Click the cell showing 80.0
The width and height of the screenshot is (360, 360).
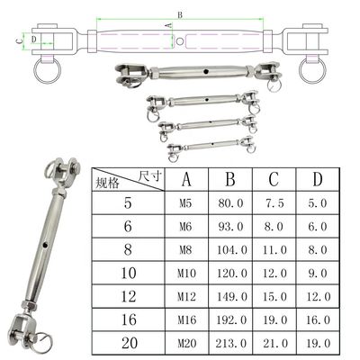point(230,203)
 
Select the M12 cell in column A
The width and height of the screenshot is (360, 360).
point(186,296)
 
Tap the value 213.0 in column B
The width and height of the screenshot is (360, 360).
point(231,343)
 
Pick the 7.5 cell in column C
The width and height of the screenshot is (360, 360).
point(274,203)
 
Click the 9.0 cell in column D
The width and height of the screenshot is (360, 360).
point(318,273)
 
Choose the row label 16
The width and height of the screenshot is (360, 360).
point(129,319)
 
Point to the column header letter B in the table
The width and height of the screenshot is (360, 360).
point(230,179)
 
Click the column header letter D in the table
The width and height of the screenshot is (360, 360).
point(318,179)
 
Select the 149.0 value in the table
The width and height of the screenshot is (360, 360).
point(231,296)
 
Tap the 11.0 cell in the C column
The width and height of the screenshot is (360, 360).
point(274,250)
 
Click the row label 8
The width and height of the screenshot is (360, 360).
point(128,249)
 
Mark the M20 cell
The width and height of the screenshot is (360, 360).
point(186,343)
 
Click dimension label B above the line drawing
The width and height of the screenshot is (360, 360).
point(180,14)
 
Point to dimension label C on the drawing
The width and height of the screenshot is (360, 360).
point(19,40)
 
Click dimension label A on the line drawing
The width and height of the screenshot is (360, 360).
point(169,25)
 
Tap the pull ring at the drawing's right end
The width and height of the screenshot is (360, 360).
point(312,71)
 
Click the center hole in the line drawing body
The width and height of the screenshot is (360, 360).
point(179,41)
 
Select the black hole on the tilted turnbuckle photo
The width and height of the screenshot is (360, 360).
point(45,245)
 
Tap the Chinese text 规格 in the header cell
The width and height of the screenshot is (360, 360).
point(107,183)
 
